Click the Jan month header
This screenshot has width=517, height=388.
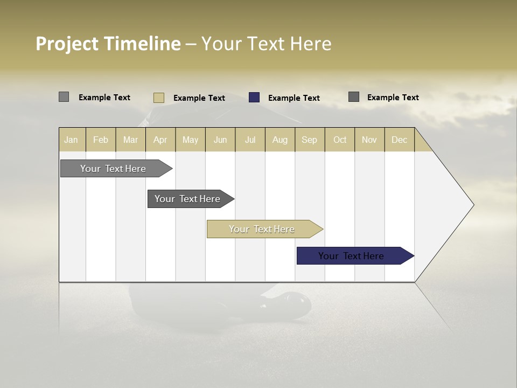(x=72, y=140)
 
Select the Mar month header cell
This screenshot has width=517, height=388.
(x=130, y=140)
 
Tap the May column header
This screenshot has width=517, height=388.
(x=190, y=140)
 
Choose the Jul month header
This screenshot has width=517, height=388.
(x=250, y=140)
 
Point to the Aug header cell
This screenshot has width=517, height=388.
(x=280, y=140)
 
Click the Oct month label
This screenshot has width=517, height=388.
(x=340, y=140)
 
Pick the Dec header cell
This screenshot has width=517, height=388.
(x=399, y=140)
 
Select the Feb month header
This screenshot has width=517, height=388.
(x=101, y=140)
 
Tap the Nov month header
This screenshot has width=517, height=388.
(x=369, y=140)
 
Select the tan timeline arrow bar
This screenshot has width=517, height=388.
(x=262, y=229)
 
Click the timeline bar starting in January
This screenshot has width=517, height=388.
(x=114, y=169)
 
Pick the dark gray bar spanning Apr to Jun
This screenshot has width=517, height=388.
(x=188, y=199)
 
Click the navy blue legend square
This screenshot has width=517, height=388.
(x=254, y=98)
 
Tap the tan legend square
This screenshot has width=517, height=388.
(x=159, y=98)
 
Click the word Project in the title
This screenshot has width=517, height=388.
(x=67, y=44)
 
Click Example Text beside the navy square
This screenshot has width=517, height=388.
(x=294, y=98)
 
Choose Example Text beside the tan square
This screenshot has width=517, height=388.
(x=199, y=98)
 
